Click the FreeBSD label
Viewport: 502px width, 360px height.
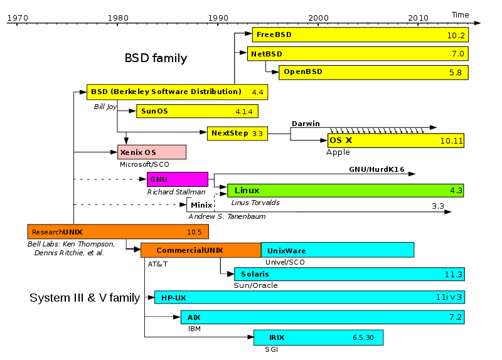pyautogui.click(x=274, y=34)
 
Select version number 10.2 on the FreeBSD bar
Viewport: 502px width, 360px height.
pyautogui.click(x=456, y=36)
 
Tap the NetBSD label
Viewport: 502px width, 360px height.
pyautogui.click(x=267, y=54)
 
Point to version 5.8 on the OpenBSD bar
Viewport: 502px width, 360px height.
pyautogui.click(x=456, y=73)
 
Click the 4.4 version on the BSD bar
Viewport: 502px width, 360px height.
pyautogui.click(x=257, y=92)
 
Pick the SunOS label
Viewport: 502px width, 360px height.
pyautogui.click(x=154, y=111)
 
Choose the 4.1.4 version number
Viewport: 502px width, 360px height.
pyautogui.click(x=243, y=112)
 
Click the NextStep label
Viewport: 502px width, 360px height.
pyautogui.click(x=230, y=133)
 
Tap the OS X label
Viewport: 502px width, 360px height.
pyautogui.click(x=341, y=140)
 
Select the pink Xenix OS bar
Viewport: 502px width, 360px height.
pyautogui.click(x=152, y=152)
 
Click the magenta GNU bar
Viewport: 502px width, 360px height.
pyautogui.click(x=178, y=179)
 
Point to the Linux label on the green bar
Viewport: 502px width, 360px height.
pyautogui.click(x=247, y=190)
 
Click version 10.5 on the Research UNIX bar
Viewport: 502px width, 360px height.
pyautogui.click(x=194, y=232)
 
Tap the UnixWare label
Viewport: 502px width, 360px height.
pyautogui.click(x=287, y=251)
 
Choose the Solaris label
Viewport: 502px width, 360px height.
pyautogui.click(x=255, y=274)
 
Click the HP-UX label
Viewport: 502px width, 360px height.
pyautogui.click(x=173, y=298)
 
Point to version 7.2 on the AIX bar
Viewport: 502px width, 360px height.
pyautogui.click(x=456, y=317)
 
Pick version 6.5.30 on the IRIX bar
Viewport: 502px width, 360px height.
pyautogui.click(x=363, y=337)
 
